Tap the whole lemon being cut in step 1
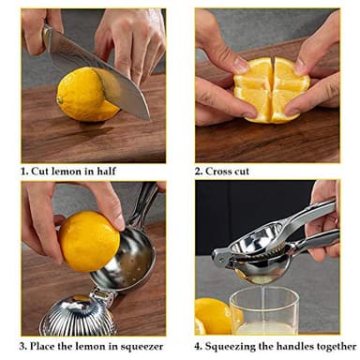[x=84, y=95]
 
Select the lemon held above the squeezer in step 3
[x=89, y=240]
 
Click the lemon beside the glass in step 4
[x=212, y=316]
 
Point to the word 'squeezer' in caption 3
[x=141, y=346]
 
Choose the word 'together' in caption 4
[x=338, y=346]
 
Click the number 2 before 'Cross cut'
[x=198, y=172]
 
